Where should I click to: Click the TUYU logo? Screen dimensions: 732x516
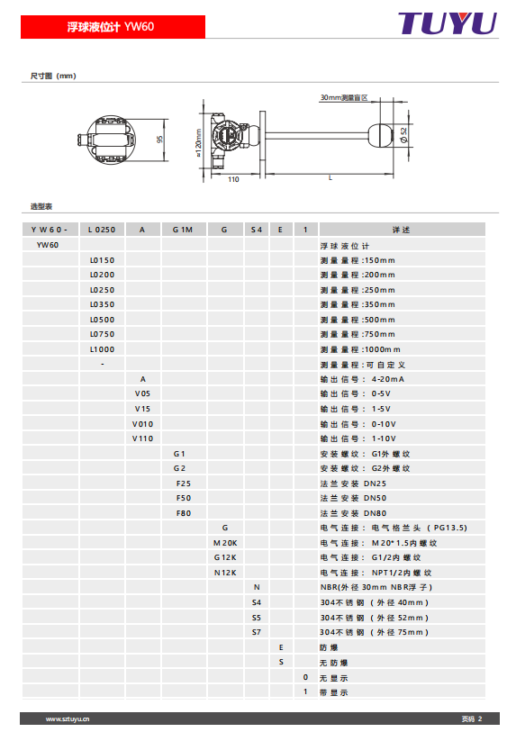[447, 23]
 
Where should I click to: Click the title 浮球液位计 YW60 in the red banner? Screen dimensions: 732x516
[111, 27]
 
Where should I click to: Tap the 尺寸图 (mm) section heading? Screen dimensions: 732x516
[52, 77]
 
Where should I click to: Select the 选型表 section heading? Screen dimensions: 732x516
[41, 206]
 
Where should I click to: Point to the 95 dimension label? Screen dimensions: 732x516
[158, 140]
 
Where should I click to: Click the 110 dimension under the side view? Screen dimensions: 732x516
[232, 179]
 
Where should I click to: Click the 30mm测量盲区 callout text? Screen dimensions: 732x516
[344, 97]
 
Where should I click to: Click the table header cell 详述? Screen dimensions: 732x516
[401, 230]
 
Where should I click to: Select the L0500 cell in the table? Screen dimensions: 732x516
[102, 319]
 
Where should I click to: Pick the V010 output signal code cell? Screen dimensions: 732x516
[142, 423]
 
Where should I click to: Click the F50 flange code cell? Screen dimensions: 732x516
[183, 497]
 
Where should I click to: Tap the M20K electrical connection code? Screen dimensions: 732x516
[224, 542]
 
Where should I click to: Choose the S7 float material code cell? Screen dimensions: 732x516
[256, 631]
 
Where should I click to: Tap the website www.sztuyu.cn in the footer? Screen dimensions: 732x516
[68, 718]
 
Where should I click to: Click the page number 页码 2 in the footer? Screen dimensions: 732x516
[472, 718]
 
